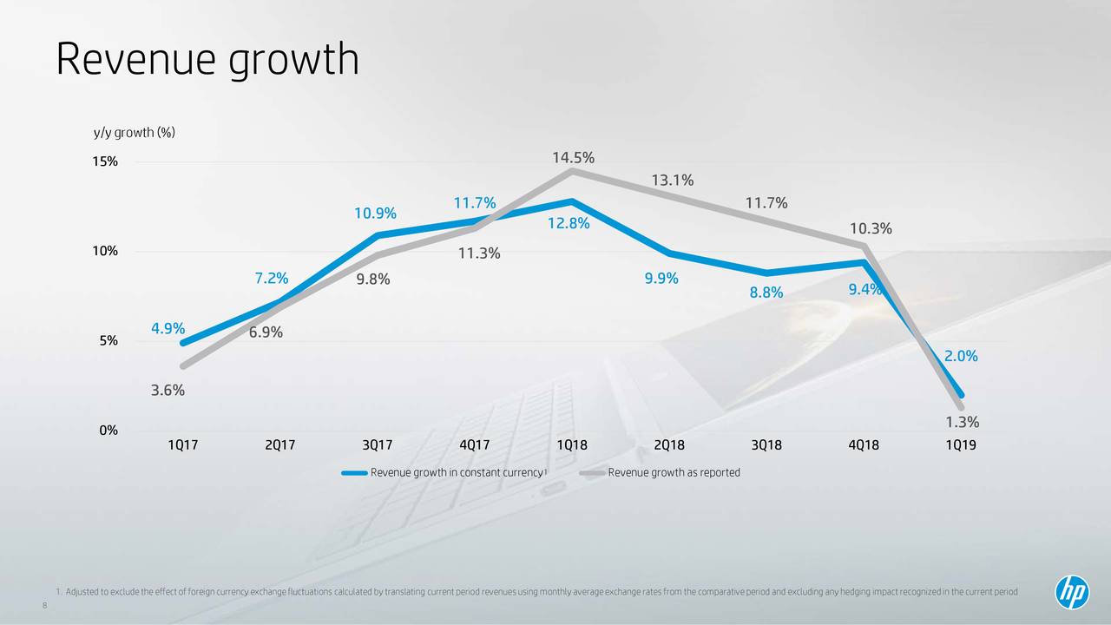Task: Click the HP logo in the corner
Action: (1071, 593)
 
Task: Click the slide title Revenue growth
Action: (207, 60)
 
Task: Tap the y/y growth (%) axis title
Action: (135, 132)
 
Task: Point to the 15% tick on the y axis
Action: (107, 161)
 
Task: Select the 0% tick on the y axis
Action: (107, 431)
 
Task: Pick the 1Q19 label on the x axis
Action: (961, 446)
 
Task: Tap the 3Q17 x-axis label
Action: (377, 446)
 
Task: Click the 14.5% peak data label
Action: (573, 157)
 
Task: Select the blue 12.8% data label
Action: (569, 225)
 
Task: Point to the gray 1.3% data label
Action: (962, 422)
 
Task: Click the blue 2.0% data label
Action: (961, 356)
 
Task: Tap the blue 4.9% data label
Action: (168, 328)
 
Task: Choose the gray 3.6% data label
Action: (168, 391)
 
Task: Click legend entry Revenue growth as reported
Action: (674, 473)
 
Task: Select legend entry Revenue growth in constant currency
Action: (456, 473)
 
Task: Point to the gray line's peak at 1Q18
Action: (572, 171)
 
